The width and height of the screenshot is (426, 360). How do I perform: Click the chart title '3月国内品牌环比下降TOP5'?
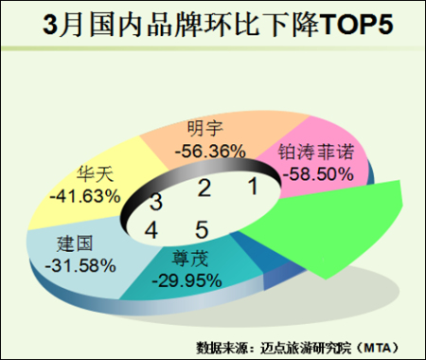pos(218,25)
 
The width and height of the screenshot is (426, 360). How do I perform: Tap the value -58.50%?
pos(318,174)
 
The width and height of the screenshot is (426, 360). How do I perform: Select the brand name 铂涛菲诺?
pos(316,152)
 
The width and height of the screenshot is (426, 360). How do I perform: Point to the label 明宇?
pos(205,129)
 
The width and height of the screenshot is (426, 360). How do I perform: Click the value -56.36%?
pos(210,152)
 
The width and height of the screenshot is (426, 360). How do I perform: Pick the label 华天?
pos(95,174)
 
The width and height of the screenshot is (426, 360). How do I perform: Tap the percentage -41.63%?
pos(85,196)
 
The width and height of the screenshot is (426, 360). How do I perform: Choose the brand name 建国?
pos(75,243)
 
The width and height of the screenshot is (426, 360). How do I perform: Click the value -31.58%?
pos(80,265)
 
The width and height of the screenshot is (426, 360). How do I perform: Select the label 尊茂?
pos(190,259)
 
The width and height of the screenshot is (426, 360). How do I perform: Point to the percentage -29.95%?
pos(186,280)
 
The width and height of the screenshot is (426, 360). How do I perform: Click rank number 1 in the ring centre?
pos(254,186)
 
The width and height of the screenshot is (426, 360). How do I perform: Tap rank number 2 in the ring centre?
pos(204,189)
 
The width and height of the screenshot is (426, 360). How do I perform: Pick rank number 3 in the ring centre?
pos(156,202)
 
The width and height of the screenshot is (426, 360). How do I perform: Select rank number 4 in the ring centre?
pos(151,230)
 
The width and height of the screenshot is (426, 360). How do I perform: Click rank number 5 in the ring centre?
pos(202,229)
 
